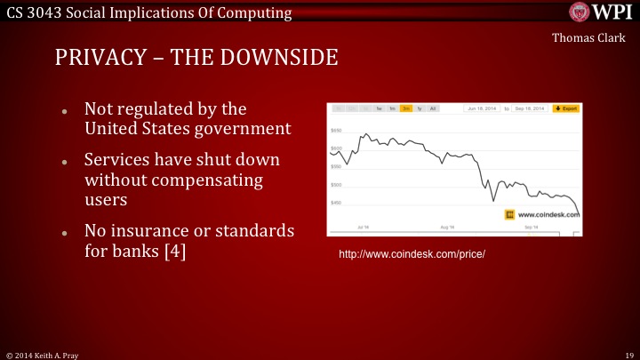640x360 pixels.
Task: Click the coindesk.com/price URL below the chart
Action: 412,254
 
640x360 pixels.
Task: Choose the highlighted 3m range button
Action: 405,108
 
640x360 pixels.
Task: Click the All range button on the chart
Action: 433,108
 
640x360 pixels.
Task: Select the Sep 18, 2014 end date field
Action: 530,108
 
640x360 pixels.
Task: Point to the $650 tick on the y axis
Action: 337,130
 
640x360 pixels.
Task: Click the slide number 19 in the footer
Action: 628,354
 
